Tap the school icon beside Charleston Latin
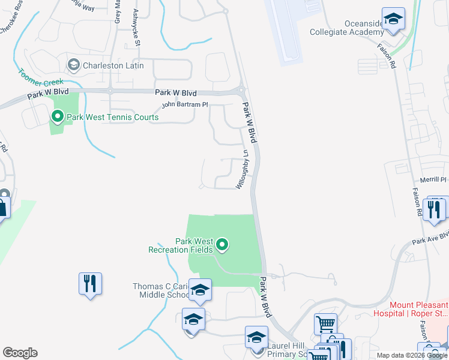point(74,64)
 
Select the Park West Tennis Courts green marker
point(58,116)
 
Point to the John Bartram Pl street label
point(185,105)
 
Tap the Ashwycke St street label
point(137,28)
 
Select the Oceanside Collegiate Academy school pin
point(393,19)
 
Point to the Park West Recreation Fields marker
point(222,244)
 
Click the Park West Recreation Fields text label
point(185,245)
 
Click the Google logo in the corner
point(20,353)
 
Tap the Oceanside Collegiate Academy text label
point(346,28)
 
